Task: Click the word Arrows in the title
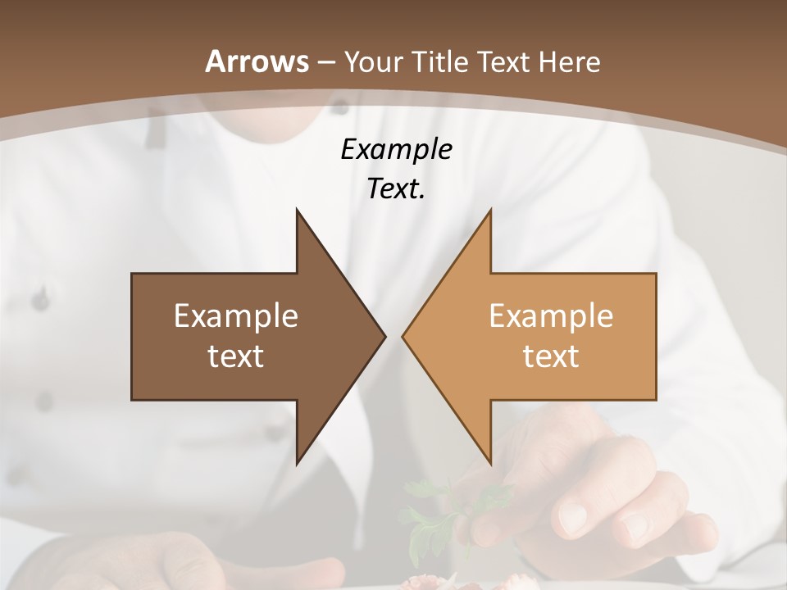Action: click(257, 61)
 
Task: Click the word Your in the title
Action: click(374, 62)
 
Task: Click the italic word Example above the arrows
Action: click(396, 150)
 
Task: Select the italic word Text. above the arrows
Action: click(396, 189)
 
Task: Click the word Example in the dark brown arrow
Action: click(236, 316)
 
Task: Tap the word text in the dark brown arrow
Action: click(236, 356)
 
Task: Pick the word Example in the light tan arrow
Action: click(551, 316)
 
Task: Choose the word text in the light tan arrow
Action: click(551, 356)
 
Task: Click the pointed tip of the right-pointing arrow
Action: click(384, 336)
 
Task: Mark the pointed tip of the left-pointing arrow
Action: click(403, 336)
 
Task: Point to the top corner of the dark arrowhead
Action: click(298, 211)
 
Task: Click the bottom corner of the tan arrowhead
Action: click(490, 464)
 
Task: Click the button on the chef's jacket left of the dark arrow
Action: click(40, 301)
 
